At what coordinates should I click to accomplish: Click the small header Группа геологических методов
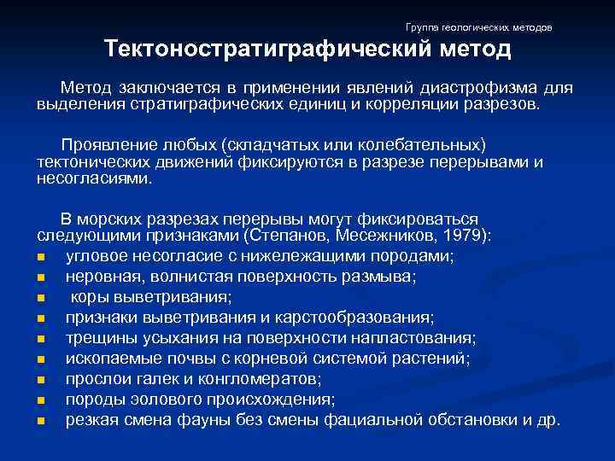[479, 28]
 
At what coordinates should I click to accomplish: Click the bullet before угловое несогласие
[42, 256]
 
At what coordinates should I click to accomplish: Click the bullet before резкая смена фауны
[42, 420]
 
